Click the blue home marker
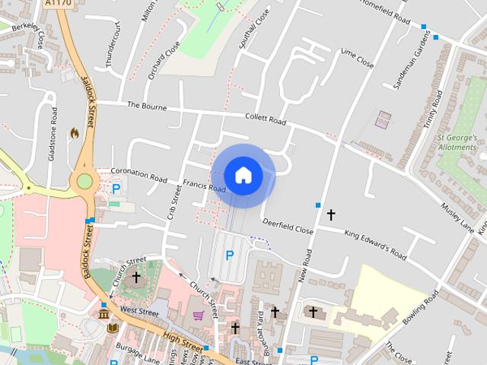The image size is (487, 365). point(243,176)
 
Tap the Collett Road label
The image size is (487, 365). point(266,119)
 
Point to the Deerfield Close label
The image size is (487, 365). point(288,225)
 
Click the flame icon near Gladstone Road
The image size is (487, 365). point(74,133)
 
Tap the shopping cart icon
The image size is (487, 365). point(199,315)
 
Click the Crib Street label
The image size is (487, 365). point(174,205)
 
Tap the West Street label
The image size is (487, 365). point(138,312)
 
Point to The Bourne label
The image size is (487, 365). point(147,106)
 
